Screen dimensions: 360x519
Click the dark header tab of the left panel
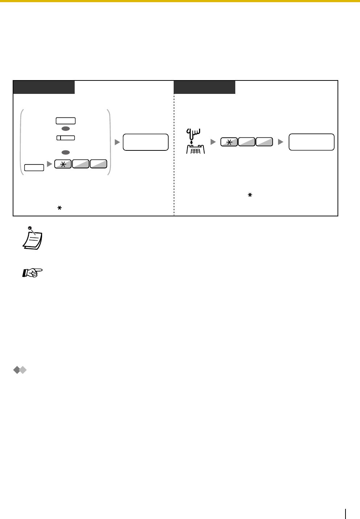[x=44, y=87]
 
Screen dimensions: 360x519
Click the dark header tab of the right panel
[x=204, y=87]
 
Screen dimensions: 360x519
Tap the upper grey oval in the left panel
[x=66, y=128]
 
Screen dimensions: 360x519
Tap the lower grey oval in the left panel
[x=66, y=152]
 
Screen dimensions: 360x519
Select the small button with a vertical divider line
[x=66, y=138]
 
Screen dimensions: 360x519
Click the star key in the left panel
[x=63, y=164]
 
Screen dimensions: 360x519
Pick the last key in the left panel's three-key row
[x=99, y=164]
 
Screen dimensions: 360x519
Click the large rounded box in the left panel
[x=146, y=142]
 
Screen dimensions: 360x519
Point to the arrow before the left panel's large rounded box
[x=117, y=142]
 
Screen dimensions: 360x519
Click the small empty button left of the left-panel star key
[x=34, y=167]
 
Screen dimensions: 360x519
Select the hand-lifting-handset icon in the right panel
[x=195, y=142]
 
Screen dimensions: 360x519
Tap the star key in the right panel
[x=229, y=142]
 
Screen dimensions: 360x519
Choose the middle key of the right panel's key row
[x=247, y=142]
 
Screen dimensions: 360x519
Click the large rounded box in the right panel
[x=311, y=142]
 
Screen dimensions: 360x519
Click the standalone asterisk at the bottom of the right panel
[x=249, y=195]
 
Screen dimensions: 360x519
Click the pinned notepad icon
[x=32, y=238]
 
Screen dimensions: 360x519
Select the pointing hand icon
[x=33, y=273]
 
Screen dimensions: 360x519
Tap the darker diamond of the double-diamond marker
[x=17, y=370]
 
